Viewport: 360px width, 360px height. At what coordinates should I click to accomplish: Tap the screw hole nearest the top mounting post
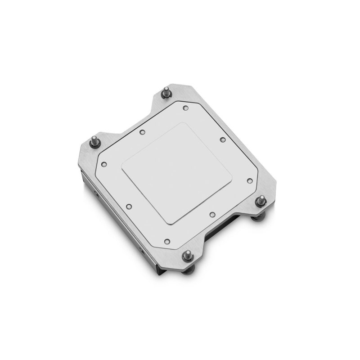pyautogui.click(x=185, y=107)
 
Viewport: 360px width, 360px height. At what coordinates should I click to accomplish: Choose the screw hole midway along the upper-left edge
pyautogui.click(x=142, y=132)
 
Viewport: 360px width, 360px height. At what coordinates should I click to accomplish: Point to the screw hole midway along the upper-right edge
pyautogui.click(x=222, y=139)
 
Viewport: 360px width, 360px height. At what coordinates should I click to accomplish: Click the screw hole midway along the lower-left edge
pyautogui.click(x=129, y=207)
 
